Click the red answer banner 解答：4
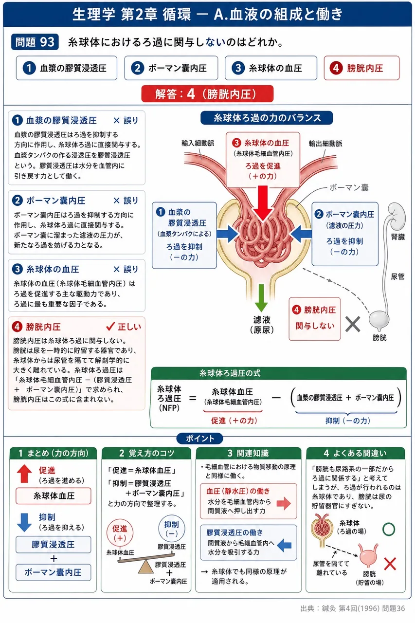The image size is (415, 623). coord(207,94)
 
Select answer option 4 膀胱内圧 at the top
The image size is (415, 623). coord(361,68)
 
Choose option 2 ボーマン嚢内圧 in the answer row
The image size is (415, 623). coord(171,68)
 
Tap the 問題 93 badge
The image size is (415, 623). coord(35,42)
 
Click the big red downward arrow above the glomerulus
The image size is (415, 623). coord(263,203)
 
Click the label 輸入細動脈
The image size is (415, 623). coord(198,143)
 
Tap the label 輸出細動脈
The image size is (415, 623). coord(325,144)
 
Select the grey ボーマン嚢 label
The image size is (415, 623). coord(349,188)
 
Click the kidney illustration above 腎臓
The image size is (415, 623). coord(397,216)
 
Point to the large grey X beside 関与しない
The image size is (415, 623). coord(353,324)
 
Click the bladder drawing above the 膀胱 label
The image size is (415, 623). coord(379,321)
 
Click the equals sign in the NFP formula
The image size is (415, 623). coord(192,398)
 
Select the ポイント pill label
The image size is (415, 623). coord(200,439)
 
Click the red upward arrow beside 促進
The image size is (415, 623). coord(24,474)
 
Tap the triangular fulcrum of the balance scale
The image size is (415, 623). coord(145,567)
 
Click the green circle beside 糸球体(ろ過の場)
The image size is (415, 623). coord(389,529)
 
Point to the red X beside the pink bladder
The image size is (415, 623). coord(390,564)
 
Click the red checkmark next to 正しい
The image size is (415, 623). coord(110,326)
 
